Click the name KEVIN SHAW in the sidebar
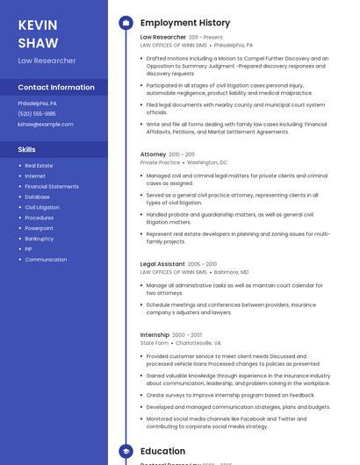tap(38, 33)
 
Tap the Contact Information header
tap(56, 87)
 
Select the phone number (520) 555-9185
tap(37, 113)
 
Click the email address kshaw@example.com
tap(46, 124)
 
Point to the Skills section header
tap(26, 149)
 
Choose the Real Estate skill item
tap(39, 165)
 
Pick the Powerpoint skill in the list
tap(39, 228)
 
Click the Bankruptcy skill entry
tap(40, 239)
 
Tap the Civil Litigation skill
tap(42, 207)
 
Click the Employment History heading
tap(185, 23)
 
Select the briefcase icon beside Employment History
tap(126, 23)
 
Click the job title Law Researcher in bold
tap(163, 38)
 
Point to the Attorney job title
tap(153, 154)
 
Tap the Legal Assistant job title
tap(162, 264)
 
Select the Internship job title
tap(155, 335)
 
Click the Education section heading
tap(162, 451)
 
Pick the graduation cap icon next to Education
tap(126, 451)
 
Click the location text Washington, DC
tap(207, 162)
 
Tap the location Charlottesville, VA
tap(198, 343)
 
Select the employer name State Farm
tap(154, 343)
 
